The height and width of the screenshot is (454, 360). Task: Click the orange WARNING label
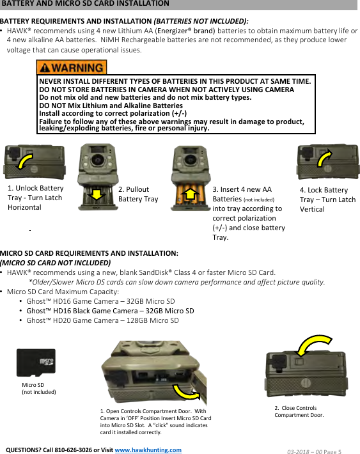(x=72, y=68)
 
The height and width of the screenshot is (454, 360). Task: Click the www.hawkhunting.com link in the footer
(x=148, y=450)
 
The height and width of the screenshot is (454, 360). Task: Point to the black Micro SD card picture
(x=36, y=362)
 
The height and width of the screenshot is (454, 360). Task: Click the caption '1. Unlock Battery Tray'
(x=35, y=198)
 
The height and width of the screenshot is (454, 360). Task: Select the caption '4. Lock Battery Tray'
(x=327, y=199)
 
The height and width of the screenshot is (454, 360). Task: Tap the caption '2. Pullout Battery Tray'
(x=138, y=194)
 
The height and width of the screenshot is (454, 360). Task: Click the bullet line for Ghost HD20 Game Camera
(x=102, y=320)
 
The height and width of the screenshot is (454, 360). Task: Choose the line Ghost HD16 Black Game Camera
(x=110, y=311)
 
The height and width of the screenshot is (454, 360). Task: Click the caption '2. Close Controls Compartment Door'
(x=299, y=411)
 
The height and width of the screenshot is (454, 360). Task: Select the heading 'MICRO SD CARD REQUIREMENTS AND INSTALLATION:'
(x=89, y=253)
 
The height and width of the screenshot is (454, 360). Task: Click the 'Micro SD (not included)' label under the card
(x=38, y=388)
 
